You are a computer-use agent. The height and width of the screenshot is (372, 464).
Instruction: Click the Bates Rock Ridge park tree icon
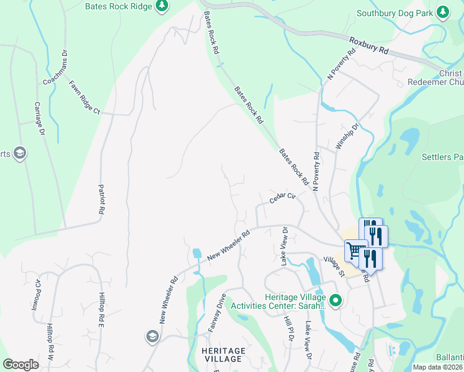162,6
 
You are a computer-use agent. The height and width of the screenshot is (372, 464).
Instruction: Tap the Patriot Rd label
100,199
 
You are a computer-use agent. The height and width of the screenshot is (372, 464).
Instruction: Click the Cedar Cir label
283,198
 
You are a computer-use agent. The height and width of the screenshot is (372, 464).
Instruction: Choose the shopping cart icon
355,250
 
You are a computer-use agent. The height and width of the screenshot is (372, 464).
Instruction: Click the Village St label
334,266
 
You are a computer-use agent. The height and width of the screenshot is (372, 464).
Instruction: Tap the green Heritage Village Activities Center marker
336,301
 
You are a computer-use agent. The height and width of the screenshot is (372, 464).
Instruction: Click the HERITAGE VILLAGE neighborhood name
223,355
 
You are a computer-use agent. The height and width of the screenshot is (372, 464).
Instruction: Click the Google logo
20,365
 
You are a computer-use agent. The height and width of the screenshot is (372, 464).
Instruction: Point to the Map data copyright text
438,367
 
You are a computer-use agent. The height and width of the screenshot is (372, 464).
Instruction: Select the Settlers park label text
442,157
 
